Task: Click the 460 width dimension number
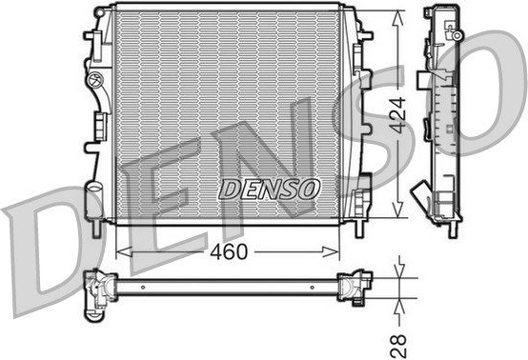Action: pyautogui.click(x=229, y=251)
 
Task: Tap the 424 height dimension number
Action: pyautogui.click(x=397, y=115)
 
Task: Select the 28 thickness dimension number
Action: pyautogui.click(x=398, y=346)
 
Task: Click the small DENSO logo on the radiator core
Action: pyautogui.click(x=269, y=190)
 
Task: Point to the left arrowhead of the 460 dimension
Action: pyautogui.click(x=124, y=251)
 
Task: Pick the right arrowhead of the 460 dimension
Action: pyautogui.click(x=331, y=251)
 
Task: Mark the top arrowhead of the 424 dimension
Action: pyautogui.click(x=398, y=18)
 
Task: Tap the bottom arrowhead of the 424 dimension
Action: pyautogui.click(x=398, y=209)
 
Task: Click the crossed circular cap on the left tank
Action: pyautogui.click(x=93, y=80)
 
